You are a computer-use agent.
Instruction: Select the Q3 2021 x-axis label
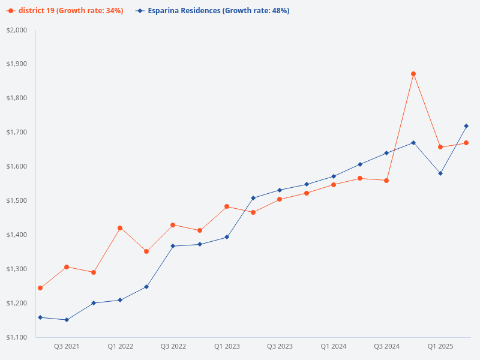tap(67, 346)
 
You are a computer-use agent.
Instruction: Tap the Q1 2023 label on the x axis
tap(227, 346)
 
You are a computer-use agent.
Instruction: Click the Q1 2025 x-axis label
tap(440, 346)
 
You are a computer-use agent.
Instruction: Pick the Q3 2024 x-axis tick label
tap(386, 346)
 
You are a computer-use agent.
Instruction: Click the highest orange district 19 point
tap(413, 74)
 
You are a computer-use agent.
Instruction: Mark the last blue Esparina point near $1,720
tap(466, 126)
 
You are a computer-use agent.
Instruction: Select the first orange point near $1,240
tap(40, 288)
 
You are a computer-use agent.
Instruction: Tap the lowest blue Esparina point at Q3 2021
tap(67, 320)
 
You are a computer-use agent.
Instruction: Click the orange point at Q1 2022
tap(120, 228)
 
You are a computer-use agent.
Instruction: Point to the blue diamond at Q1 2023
tap(227, 237)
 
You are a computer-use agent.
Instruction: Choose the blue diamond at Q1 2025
tap(440, 173)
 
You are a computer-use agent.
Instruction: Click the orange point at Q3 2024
tap(386, 181)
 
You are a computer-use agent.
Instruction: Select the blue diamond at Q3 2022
tap(173, 246)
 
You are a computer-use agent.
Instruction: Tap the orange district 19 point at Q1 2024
tap(334, 185)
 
